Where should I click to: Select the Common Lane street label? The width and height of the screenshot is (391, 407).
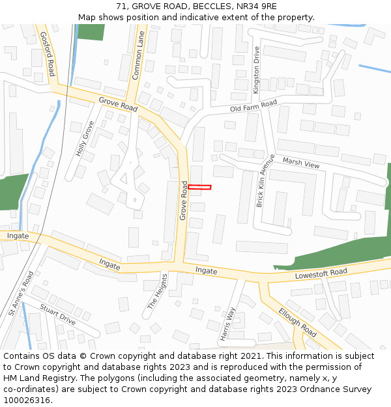[x=138, y=57]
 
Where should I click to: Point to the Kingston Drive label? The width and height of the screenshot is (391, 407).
[x=256, y=70]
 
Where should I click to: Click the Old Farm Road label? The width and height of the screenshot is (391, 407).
[x=253, y=105]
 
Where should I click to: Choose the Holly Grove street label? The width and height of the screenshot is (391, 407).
[x=85, y=138]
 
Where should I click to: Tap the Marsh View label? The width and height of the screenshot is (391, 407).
[x=301, y=162]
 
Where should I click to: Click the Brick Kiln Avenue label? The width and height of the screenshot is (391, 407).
[x=265, y=180]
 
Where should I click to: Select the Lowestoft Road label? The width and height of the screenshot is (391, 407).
[x=321, y=272]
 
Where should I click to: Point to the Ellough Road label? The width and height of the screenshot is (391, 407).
[x=298, y=322]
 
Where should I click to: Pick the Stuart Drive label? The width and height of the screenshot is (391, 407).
[x=58, y=314]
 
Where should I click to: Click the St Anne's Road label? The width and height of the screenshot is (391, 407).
[x=21, y=294]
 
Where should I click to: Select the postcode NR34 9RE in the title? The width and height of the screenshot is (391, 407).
[x=255, y=6]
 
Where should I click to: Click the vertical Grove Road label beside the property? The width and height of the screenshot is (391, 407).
[x=184, y=200]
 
